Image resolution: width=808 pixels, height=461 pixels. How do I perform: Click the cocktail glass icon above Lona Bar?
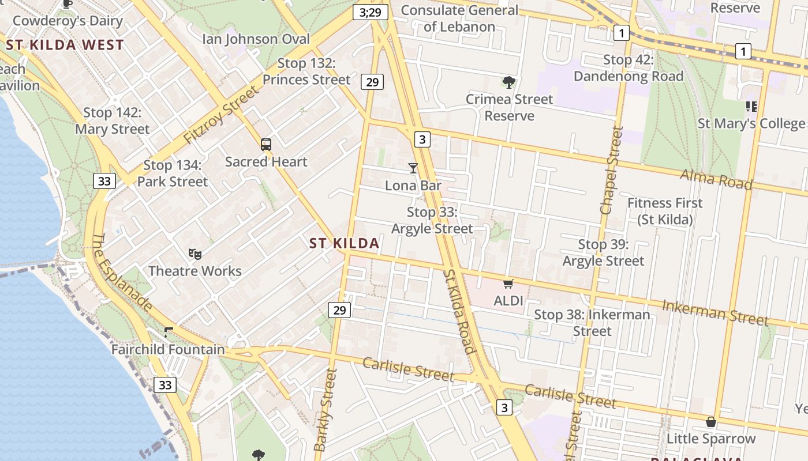pyautogui.click(x=413, y=168)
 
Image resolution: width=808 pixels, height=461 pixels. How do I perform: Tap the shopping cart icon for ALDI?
pyautogui.click(x=508, y=284)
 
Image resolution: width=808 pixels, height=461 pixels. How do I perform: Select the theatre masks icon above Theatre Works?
pyautogui.click(x=195, y=254)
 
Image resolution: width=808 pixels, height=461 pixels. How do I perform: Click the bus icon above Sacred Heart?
pyautogui.click(x=265, y=145)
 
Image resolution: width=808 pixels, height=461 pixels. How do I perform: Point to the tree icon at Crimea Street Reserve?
pyautogui.click(x=508, y=82)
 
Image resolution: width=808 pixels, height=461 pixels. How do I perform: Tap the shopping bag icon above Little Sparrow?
pyautogui.click(x=711, y=422)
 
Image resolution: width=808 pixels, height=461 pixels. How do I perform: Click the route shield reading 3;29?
pyautogui.click(x=370, y=12)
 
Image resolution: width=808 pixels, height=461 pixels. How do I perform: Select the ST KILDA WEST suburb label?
pyautogui.click(x=65, y=45)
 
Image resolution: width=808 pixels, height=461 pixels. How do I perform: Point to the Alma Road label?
pyautogui.click(x=716, y=179)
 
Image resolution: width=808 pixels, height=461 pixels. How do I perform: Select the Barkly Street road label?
pyautogui.click(x=324, y=410)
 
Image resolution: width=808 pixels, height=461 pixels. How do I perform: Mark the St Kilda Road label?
pyautogui.click(x=459, y=311)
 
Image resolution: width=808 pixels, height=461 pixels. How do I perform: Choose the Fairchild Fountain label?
pyautogui.click(x=168, y=350)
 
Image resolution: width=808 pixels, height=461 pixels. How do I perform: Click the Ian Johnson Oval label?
pyautogui.click(x=256, y=39)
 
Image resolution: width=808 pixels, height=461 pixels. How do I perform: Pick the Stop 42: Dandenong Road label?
pyautogui.click(x=629, y=68)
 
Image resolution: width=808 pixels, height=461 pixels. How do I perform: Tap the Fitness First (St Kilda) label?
pyautogui.click(x=665, y=211)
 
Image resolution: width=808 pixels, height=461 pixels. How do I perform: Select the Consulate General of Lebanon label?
pyautogui.click(x=459, y=18)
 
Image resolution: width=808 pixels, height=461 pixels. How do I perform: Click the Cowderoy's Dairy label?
pyautogui.click(x=68, y=21)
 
